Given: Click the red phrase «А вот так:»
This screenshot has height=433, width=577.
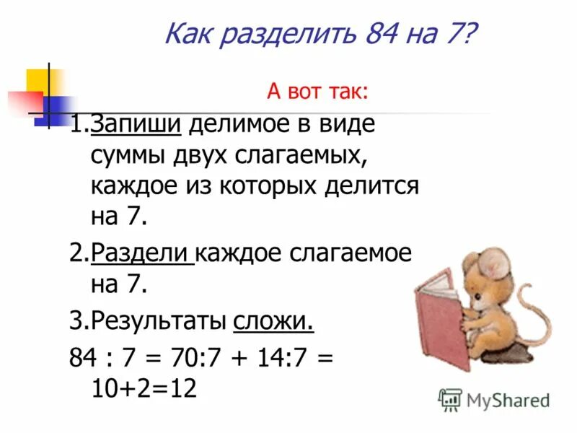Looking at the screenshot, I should [x=317, y=92].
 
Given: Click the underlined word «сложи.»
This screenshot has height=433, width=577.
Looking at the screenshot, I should [x=274, y=321].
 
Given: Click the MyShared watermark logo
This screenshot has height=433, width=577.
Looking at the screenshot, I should [x=493, y=399].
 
